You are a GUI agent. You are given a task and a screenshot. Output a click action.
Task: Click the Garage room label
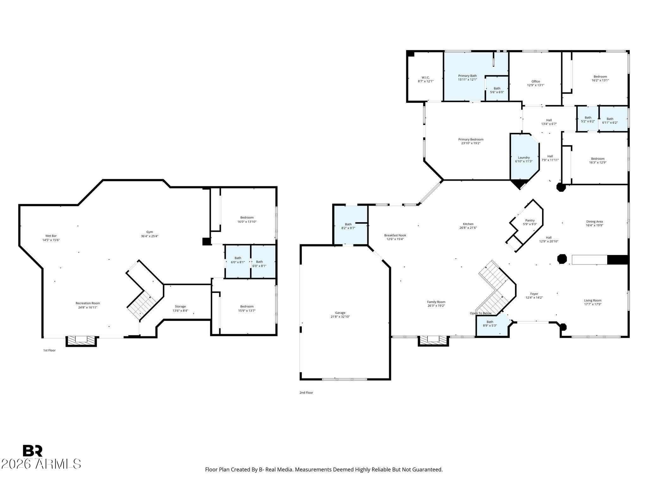tap(340, 313)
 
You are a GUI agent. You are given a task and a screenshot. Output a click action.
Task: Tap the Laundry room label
tap(524, 158)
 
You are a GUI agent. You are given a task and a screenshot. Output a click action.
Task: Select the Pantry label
tap(530, 221)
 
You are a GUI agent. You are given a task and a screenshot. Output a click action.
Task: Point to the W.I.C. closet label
tap(426, 78)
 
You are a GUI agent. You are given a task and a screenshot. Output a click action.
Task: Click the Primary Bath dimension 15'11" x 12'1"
tap(467, 80)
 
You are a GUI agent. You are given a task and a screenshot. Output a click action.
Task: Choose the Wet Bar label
tap(51, 236)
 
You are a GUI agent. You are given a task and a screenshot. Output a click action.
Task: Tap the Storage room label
tap(180, 306)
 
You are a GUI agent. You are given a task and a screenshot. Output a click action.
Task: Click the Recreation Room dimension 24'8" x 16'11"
tap(88, 307)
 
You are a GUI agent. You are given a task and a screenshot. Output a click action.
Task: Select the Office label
tap(535, 81)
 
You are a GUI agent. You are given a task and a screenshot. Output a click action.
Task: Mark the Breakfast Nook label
tap(395, 235)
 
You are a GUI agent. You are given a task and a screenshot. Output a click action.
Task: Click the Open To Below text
tap(480, 313)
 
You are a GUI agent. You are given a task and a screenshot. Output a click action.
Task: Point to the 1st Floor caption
tap(49, 350)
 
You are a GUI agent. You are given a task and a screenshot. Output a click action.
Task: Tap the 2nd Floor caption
tap(306, 393)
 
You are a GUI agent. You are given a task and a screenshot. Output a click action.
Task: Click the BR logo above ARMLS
tap(33, 451)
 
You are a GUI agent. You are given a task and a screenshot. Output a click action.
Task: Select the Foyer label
tap(534, 294)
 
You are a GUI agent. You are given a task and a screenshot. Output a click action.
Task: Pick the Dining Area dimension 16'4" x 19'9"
tap(594, 226)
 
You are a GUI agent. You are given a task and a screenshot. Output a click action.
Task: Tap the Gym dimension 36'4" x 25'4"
tap(149, 236)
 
